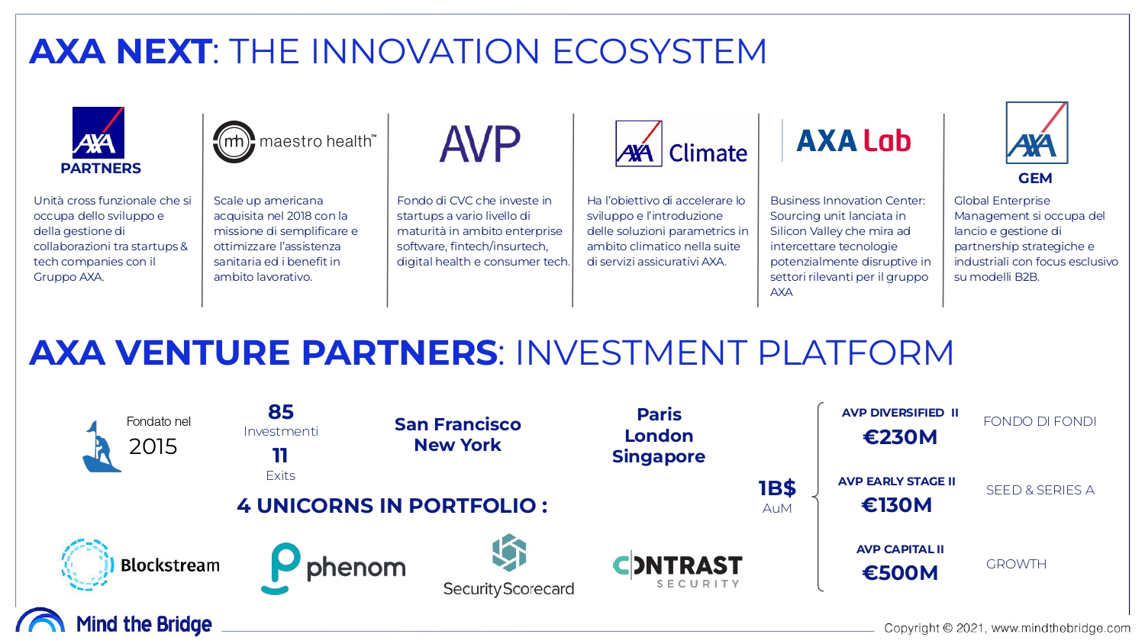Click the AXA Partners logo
(99, 141)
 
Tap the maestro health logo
(295, 142)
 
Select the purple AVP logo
(479, 143)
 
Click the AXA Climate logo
(681, 144)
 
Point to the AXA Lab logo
(853, 141)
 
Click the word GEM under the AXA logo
(1035, 179)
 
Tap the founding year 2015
(153, 446)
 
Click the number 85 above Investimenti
(281, 412)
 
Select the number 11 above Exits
(280, 456)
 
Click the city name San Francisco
(457, 424)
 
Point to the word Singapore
(658, 456)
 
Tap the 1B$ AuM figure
(777, 488)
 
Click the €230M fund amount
(899, 437)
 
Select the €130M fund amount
(896, 505)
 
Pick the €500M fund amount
(899, 573)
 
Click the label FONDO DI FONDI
(1039, 421)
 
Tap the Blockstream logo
(140, 565)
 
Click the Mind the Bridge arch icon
(40, 620)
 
